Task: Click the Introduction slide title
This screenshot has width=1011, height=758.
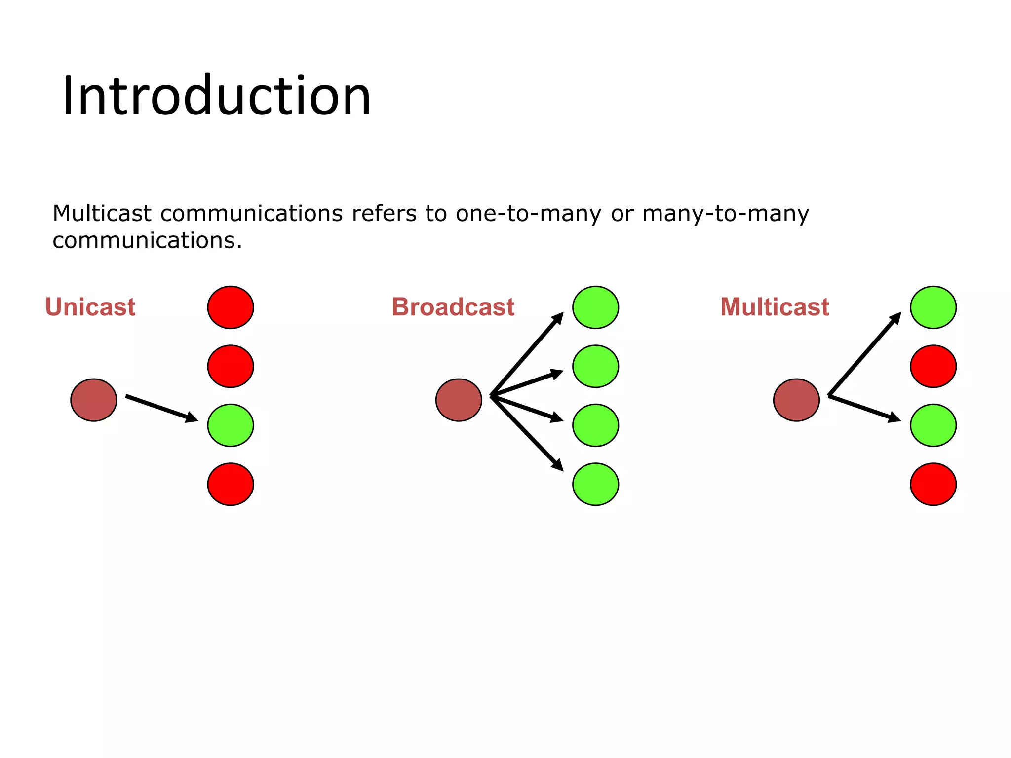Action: (216, 96)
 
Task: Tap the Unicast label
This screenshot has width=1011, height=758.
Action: (90, 307)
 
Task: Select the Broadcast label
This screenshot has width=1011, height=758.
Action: (453, 307)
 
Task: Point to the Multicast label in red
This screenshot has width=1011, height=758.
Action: (774, 307)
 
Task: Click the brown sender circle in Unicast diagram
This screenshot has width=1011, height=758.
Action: (94, 400)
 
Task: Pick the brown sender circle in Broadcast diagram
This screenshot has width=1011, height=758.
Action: (459, 400)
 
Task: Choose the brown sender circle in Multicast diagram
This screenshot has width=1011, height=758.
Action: (796, 400)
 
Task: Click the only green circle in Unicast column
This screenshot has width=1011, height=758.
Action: (231, 425)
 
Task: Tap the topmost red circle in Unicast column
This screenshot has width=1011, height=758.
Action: (231, 307)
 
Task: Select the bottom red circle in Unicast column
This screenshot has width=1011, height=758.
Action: (231, 484)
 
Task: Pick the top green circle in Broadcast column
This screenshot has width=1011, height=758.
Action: (595, 307)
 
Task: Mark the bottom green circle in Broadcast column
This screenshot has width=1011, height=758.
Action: (595, 484)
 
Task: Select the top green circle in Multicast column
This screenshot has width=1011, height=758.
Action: (933, 307)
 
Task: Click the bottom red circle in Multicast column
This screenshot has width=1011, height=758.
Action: (933, 484)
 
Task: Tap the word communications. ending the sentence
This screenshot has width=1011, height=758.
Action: (147, 241)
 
